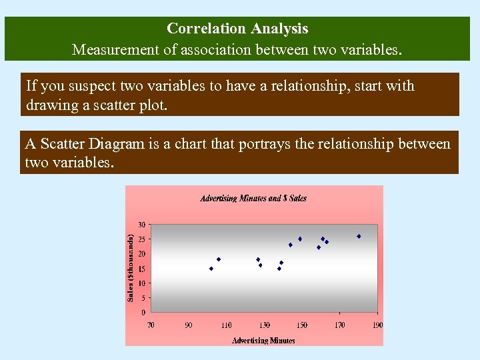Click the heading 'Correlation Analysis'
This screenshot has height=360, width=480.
[237, 29]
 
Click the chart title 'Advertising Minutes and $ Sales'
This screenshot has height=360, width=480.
[253, 198]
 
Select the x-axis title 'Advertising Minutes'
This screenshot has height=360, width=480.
[263, 340]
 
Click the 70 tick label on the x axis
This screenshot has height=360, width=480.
[151, 325]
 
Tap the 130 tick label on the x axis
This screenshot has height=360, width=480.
[265, 325]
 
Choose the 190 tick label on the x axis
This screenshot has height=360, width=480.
[378, 325]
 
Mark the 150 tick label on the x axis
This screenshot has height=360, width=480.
[303, 325]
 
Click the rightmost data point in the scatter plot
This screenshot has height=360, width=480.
[359, 236]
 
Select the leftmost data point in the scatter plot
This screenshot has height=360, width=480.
[211, 269]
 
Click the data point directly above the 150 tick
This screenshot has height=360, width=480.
[300, 239]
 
